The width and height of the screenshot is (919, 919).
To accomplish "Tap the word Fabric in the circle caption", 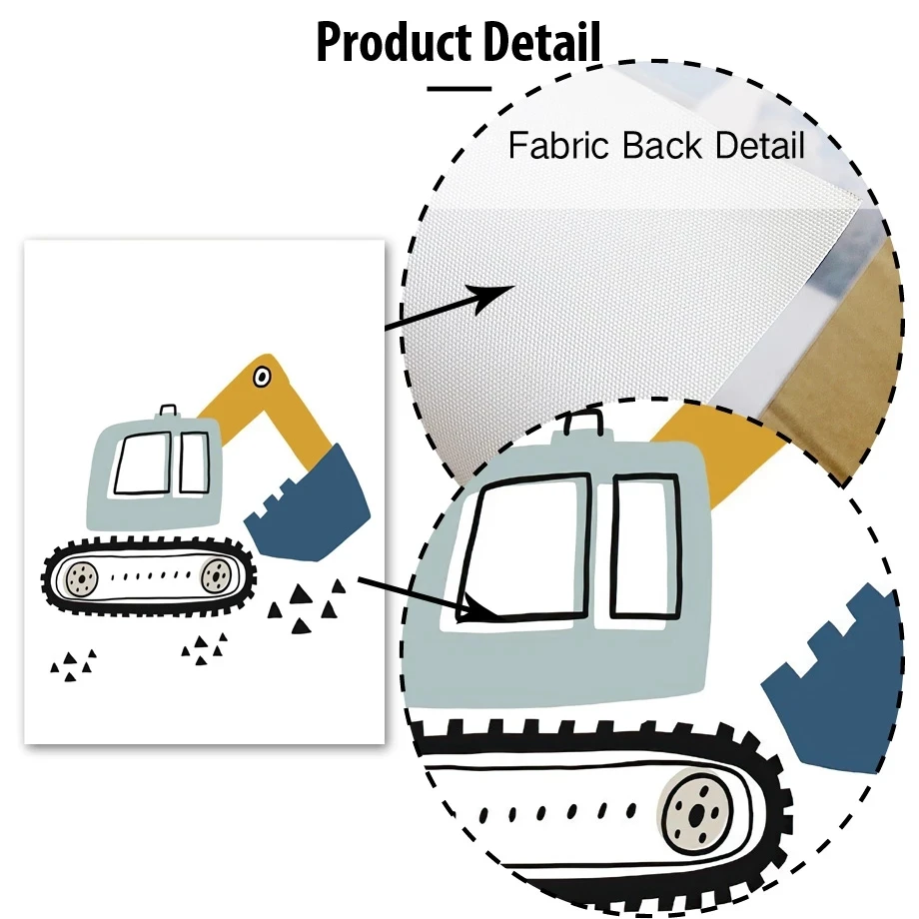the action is (x=559, y=146).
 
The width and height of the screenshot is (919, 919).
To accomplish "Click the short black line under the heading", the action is (x=459, y=88).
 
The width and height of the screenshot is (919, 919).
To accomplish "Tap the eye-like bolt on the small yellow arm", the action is (x=262, y=377).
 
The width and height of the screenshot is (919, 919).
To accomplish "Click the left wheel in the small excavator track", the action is (x=79, y=576).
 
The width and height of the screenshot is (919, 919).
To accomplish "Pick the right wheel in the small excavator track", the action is (x=214, y=574).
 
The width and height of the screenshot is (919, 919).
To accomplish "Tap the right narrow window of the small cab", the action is (x=194, y=461).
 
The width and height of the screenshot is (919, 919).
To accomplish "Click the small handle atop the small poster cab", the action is (x=169, y=411).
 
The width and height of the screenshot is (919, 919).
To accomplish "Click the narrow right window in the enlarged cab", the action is (x=645, y=545).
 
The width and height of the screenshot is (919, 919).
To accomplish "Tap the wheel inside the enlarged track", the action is (x=694, y=806).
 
